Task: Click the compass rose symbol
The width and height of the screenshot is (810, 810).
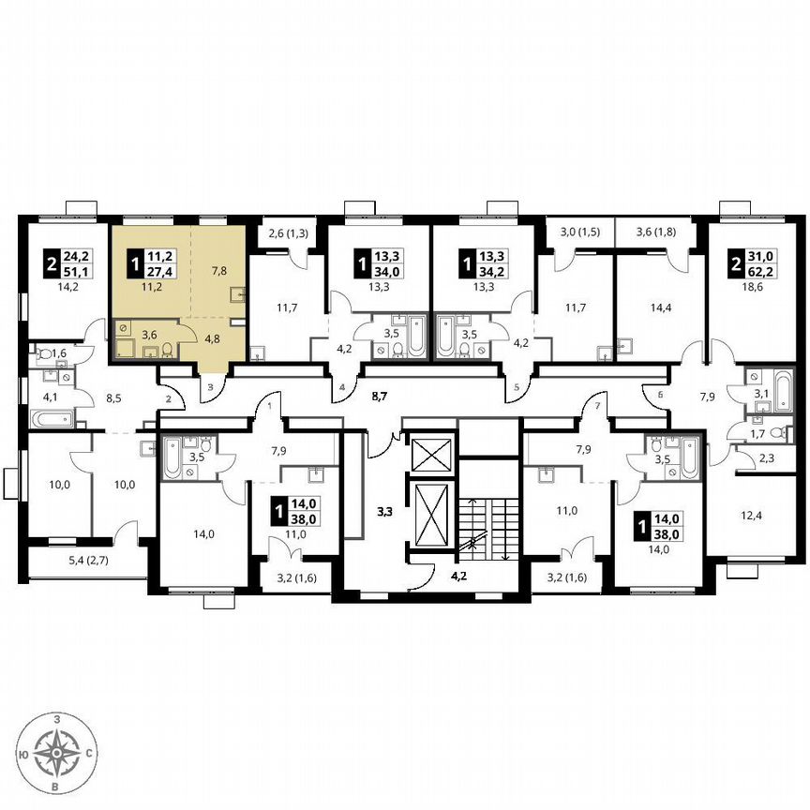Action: (x=59, y=752)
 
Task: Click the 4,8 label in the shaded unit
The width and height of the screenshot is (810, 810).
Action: (x=213, y=338)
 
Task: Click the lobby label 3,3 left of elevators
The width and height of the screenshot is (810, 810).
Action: (x=384, y=511)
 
